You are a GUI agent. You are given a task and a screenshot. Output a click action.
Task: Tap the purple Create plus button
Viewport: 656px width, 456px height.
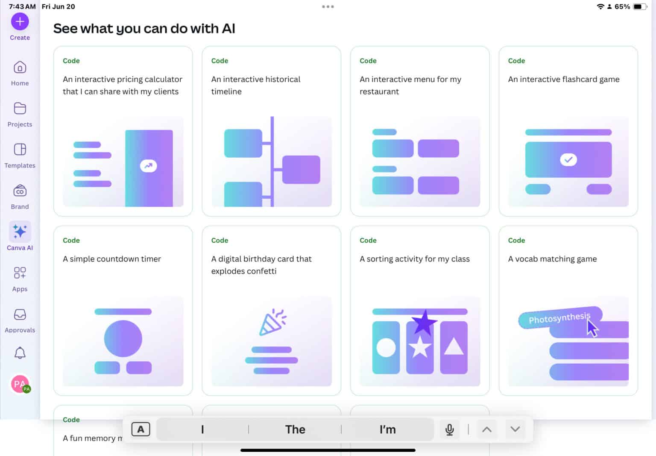(x=20, y=21)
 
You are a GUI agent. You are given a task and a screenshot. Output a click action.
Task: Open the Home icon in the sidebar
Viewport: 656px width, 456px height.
(x=20, y=68)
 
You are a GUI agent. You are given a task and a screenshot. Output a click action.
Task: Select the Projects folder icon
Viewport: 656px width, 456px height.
(x=20, y=109)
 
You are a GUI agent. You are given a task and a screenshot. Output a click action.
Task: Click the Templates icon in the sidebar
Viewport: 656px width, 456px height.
(x=20, y=150)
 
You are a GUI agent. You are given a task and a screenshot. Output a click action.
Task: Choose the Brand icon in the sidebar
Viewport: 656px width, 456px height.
(x=20, y=191)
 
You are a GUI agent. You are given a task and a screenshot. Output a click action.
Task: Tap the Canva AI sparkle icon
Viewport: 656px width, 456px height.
(x=20, y=231)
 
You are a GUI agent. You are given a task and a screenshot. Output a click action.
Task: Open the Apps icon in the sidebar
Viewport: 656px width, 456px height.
(x=20, y=273)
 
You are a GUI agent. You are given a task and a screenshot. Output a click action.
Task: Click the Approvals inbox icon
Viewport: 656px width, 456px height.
(x=20, y=315)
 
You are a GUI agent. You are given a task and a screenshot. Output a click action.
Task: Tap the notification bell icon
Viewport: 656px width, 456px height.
(x=20, y=353)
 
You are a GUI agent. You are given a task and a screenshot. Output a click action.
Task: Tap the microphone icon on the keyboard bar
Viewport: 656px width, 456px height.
(x=449, y=430)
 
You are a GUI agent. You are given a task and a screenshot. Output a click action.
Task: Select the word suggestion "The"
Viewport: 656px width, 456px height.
(x=295, y=430)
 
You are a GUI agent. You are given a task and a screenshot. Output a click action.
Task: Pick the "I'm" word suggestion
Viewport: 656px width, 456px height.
(x=387, y=430)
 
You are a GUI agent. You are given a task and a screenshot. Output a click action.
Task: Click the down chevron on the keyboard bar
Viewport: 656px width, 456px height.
(x=515, y=430)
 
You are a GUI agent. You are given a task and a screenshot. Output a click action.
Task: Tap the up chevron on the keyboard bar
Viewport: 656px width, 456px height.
(x=486, y=430)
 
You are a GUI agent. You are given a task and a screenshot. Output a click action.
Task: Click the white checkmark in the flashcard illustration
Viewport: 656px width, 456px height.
(x=568, y=159)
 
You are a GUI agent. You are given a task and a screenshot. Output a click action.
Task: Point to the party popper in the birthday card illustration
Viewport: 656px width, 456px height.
(x=272, y=322)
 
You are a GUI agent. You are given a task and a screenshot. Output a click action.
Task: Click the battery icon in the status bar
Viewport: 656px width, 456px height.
(x=639, y=7)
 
